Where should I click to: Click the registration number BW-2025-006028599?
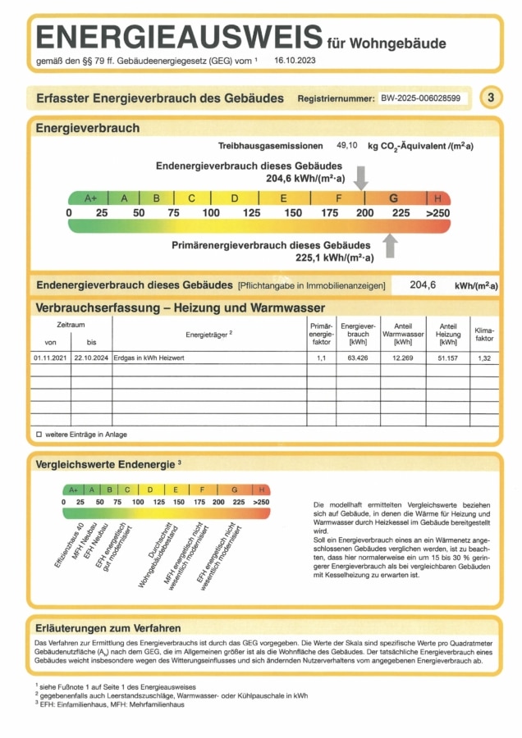419,98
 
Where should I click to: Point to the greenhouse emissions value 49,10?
347,145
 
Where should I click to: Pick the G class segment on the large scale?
394,198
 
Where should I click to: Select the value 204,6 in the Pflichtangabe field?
422,285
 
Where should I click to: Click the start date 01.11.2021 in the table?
50,358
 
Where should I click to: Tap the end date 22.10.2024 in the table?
90,358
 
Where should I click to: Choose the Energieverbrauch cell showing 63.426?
358,358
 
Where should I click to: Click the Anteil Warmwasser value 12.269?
403,358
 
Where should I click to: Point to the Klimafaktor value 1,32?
484,358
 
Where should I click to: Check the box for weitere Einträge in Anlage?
39,434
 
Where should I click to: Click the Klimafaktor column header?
484,333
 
